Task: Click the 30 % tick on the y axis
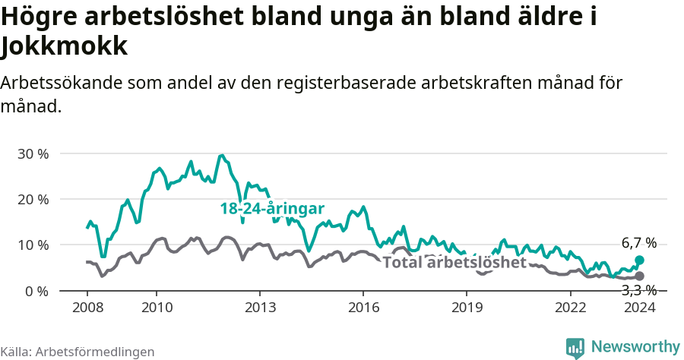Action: click(x=33, y=153)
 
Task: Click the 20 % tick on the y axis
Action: click(x=33, y=199)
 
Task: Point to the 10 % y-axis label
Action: click(x=33, y=245)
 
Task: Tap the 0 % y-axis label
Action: click(x=36, y=291)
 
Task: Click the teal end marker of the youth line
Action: click(x=639, y=261)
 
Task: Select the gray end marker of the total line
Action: click(x=639, y=276)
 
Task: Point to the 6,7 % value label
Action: click(x=638, y=243)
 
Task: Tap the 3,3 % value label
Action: click(x=638, y=290)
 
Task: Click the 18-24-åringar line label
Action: click(x=272, y=208)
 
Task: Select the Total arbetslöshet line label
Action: click(x=454, y=263)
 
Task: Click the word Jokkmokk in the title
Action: click(x=64, y=47)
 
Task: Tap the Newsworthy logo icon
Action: click(x=575, y=348)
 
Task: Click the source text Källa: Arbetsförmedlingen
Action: click(x=78, y=352)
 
